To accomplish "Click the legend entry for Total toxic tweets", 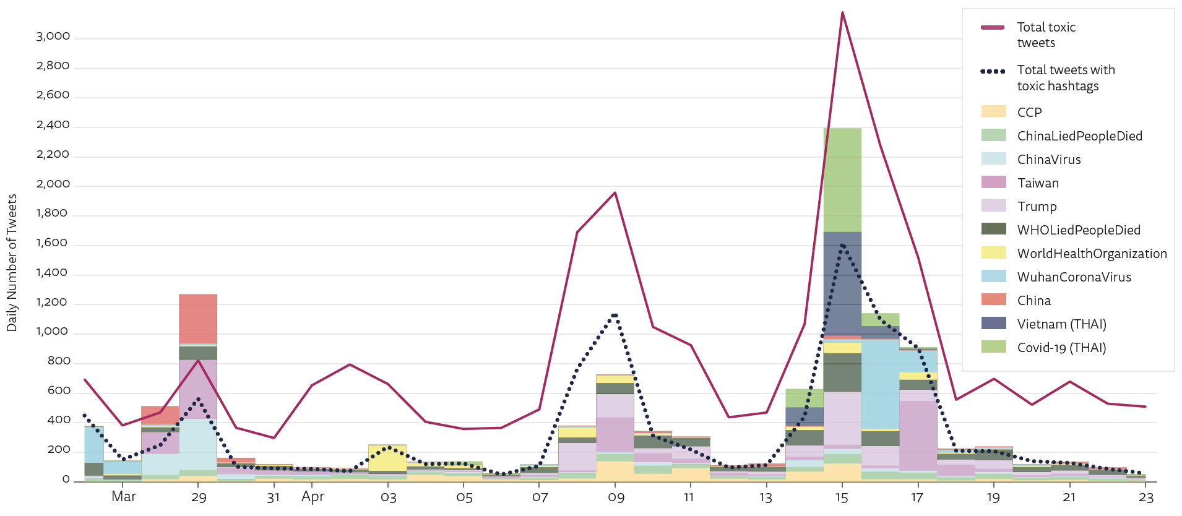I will coord(1046,35).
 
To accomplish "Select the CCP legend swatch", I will coord(993,112).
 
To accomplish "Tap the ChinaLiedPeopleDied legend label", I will coord(1079,136).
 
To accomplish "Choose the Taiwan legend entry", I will coord(1038,183).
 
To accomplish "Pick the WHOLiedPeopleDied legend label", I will coord(1078,230).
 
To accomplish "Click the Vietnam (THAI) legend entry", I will coord(1061,324).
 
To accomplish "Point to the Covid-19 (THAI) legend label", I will coord(1061,348).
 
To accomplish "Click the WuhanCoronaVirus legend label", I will coord(1074,277).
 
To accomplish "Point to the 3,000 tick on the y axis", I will coord(53,37).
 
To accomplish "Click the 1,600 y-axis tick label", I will coord(53,243).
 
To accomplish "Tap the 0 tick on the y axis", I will coord(66,479).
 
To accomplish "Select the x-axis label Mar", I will coord(124,497).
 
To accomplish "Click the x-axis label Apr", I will coord(313,497).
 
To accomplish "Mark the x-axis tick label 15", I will coord(842,498).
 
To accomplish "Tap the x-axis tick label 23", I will coord(1146,498).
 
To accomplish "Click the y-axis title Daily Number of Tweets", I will coord(12,263).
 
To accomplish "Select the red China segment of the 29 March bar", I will coord(198,318).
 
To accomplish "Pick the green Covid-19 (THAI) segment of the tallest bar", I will coord(842,179).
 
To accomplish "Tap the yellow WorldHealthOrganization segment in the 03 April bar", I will coord(388,458).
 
